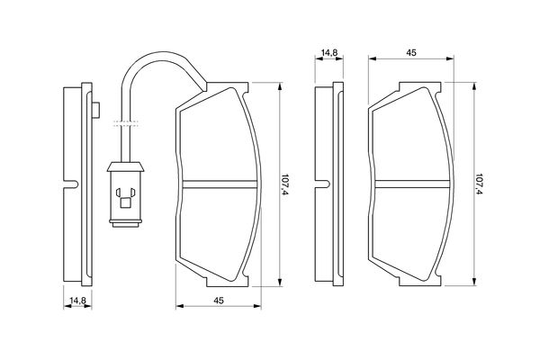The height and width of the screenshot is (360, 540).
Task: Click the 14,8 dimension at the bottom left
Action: pos(77,301)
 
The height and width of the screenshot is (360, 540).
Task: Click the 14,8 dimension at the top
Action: pos(329,53)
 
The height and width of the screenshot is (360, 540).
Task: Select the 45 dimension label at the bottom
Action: pos(219,301)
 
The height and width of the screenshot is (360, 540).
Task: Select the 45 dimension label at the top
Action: pos(411,53)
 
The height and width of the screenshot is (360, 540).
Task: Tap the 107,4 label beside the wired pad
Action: pos(284,184)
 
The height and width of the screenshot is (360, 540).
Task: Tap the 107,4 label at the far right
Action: pos(479,184)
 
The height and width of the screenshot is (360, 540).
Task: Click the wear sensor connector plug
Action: pos(125,194)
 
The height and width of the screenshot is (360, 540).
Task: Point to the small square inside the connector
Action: pos(125,203)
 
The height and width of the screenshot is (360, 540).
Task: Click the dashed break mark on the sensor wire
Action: pos(125,123)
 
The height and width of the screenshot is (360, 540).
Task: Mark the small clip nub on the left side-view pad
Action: pos(96,110)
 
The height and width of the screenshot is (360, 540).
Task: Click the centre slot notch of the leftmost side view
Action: pos(71,184)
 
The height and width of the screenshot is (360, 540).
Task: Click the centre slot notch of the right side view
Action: pos(323,184)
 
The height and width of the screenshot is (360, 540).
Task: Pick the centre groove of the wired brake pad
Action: pos(220,184)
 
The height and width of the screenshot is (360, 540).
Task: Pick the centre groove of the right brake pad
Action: pos(412,184)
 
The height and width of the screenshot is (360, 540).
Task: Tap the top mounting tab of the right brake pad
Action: pos(420,87)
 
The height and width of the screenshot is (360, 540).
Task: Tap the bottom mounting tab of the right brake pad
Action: pos(420,281)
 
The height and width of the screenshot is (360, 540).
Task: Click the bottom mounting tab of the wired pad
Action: pos(228,281)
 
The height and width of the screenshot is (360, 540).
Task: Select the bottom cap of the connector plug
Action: pos(125,223)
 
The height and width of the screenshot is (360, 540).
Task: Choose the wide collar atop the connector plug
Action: pos(125,166)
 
